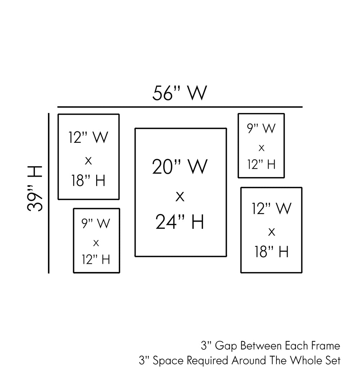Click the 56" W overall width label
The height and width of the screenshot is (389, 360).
180,93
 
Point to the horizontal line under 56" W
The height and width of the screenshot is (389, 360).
180,107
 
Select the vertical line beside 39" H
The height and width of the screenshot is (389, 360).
49,193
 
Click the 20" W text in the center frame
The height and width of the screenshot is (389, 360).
180,167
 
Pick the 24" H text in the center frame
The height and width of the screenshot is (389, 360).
180,222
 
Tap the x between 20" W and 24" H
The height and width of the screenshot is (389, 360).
180,196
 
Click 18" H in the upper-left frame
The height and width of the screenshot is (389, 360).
88,181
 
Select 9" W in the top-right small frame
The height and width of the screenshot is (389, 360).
261,128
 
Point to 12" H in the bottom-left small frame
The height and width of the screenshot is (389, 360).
96,259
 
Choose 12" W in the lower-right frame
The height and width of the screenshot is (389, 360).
271,209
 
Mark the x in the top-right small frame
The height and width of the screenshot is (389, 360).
261,148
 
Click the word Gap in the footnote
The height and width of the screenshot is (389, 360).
225,346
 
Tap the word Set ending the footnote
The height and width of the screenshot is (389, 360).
333,361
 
